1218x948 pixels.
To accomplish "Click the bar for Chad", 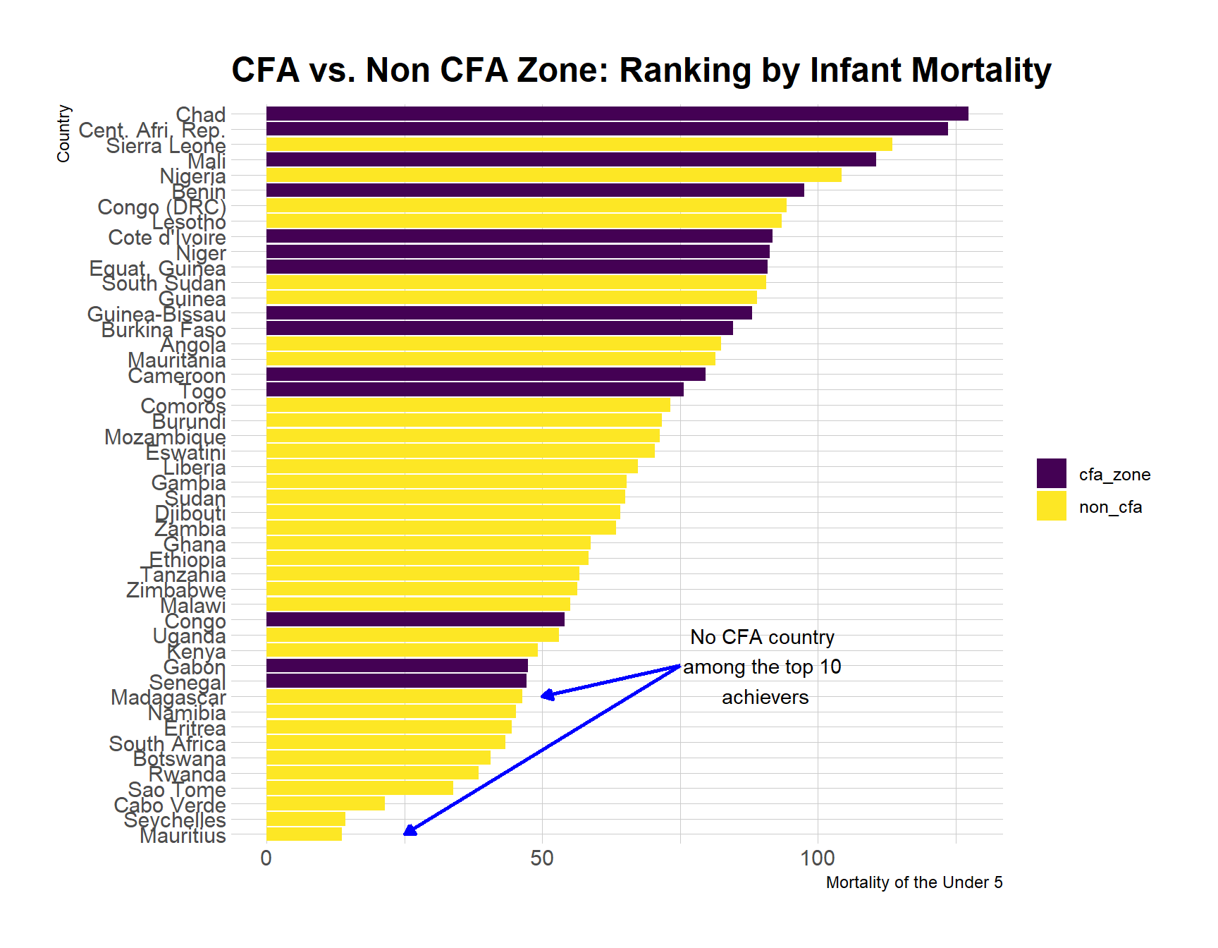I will tap(617, 114).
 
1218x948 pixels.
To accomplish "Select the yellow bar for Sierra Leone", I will tap(579, 145).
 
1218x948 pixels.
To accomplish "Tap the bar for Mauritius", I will tap(304, 834).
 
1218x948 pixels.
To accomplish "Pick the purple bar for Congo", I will tap(415, 619).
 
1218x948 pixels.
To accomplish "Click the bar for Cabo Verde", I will tap(325, 803).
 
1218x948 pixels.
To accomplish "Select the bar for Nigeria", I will tap(553, 175).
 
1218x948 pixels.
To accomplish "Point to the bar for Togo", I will tap(474, 389).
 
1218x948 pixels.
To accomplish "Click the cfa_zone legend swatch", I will tap(1051, 473).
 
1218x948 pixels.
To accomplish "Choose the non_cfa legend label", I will tap(1110, 507).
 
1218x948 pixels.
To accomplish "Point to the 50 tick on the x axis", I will tap(542, 858).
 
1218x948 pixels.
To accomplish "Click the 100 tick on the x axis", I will tap(818, 858).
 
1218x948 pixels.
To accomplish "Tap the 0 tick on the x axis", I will tap(266, 858).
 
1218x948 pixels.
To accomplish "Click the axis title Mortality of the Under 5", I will tap(914, 882).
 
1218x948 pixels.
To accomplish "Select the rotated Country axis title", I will tap(63, 133).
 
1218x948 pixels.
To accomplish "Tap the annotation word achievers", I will tap(765, 698).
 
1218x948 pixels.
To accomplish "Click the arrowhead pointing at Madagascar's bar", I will tap(546, 695).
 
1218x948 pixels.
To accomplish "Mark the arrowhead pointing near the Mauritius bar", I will tap(409, 831).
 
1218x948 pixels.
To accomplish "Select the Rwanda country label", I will tap(187, 774).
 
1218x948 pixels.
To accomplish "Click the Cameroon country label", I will tap(176, 376).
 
